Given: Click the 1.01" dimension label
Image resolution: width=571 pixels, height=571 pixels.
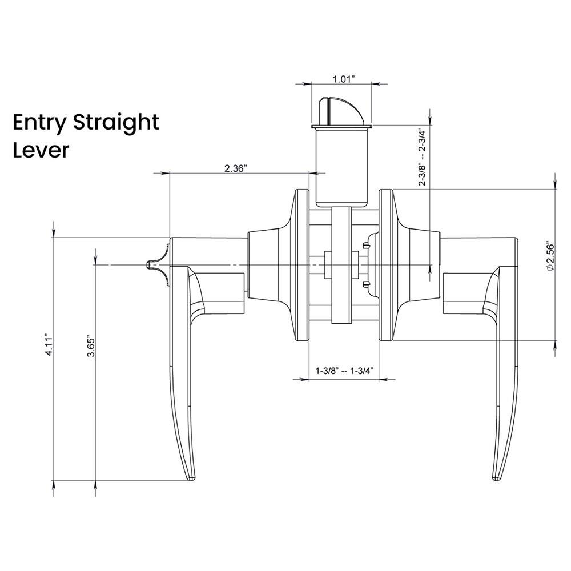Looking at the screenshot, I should click(x=344, y=79).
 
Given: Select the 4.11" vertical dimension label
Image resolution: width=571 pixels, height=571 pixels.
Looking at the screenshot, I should click(x=50, y=345).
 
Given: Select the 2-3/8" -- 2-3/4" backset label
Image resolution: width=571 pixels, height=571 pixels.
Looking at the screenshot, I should click(x=423, y=156).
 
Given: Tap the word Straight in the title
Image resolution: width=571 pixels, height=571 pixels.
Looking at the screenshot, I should click(x=117, y=123).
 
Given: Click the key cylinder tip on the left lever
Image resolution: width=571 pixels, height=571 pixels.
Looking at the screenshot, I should click(x=151, y=265).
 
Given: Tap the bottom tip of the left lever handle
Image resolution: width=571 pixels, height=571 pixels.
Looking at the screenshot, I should click(x=191, y=476).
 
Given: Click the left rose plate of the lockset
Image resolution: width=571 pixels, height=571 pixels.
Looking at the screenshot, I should click(x=297, y=266).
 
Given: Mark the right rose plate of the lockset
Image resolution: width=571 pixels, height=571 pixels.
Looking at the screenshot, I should click(x=386, y=266).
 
